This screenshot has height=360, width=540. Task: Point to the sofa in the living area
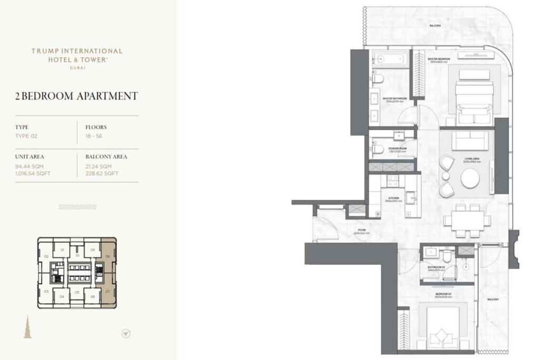coord(470,142)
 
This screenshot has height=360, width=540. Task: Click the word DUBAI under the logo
coord(77,67)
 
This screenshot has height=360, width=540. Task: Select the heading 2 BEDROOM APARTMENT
coord(77,96)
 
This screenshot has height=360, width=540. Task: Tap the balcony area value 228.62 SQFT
coord(102,173)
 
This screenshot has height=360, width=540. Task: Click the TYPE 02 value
coord(27,136)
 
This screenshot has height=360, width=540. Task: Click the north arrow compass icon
coord(126,333)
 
